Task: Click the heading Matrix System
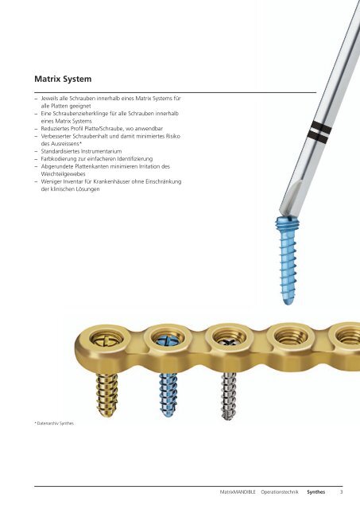pos(63,79)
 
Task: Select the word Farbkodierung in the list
pos(56,159)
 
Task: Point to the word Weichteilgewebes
pos(63,174)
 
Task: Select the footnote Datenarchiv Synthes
pos(55,423)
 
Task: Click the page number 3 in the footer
pos(341,492)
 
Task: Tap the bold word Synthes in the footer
pos(315,492)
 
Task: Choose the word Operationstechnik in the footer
pos(280,492)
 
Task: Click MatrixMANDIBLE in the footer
pos(238,492)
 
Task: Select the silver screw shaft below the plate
pos(229,396)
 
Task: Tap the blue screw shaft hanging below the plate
pos(168,394)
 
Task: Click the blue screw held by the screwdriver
pos(286,260)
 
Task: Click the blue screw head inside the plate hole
pos(168,340)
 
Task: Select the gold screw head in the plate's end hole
pos(106,340)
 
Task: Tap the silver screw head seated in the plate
pos(229,341)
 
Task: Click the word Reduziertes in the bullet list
pos(54,129)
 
